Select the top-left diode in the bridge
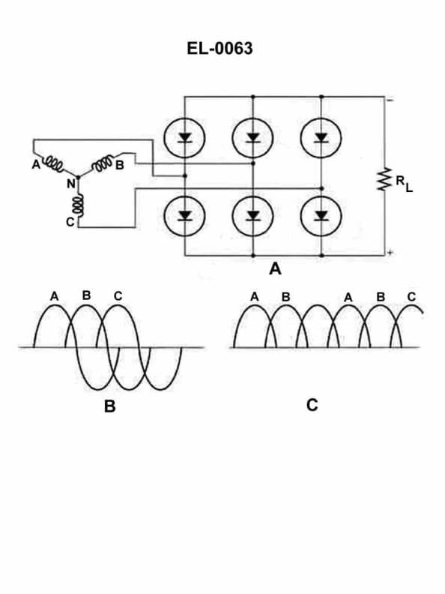(184, 137)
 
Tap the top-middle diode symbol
(253, 137)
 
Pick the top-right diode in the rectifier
(322, 137)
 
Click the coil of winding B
(102, 163)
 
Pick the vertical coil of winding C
(77, 205)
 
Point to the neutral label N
(71, 182)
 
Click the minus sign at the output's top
(390, 99)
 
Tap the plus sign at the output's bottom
(390, 253)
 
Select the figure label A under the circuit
(275, 268)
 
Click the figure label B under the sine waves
(109, 407)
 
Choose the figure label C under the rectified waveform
(312, 405)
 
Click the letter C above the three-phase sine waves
(118, 296)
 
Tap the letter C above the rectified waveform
(411, 297)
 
